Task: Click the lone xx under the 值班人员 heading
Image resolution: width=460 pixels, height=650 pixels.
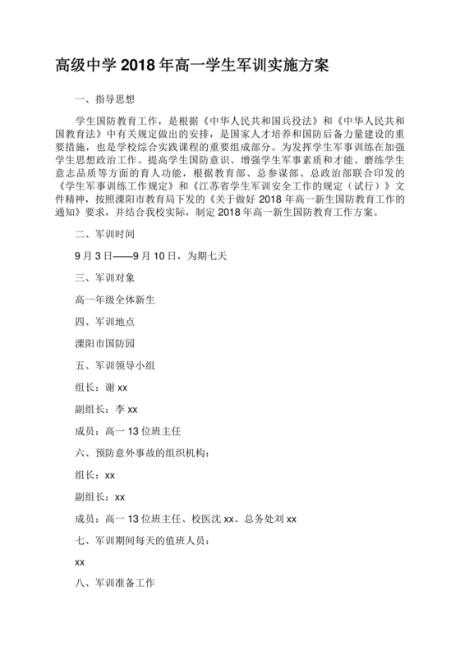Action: pos(80,563)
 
